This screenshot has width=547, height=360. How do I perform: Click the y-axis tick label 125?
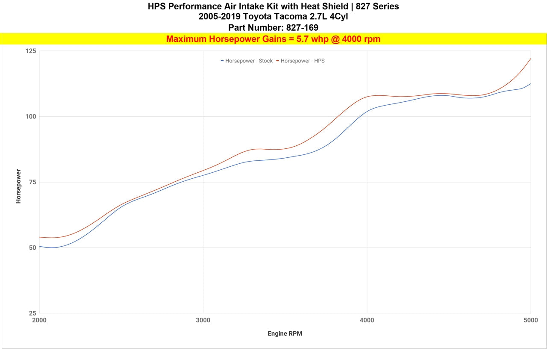(x=31, y=51)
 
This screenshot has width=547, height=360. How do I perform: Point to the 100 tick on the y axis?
(x=31, y=117)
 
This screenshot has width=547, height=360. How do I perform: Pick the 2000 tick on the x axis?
(x=39, y=320)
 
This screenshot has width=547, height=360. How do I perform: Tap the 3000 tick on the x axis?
(x=203, y=320)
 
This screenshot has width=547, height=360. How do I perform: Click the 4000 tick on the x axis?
(x=367, y=320)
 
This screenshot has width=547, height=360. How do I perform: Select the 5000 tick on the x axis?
(x=530, y=320)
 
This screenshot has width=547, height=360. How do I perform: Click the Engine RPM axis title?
(x=285, y=333)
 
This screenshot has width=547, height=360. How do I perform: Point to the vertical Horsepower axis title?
(x=18, y=186)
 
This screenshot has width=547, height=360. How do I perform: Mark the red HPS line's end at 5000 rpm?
(x=530, y=59)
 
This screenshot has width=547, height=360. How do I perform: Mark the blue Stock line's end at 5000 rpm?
(x=530, y=84)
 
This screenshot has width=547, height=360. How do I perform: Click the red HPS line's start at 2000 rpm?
(x=40, y=237)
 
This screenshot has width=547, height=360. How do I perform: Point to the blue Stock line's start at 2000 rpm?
(x=40, y=246)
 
